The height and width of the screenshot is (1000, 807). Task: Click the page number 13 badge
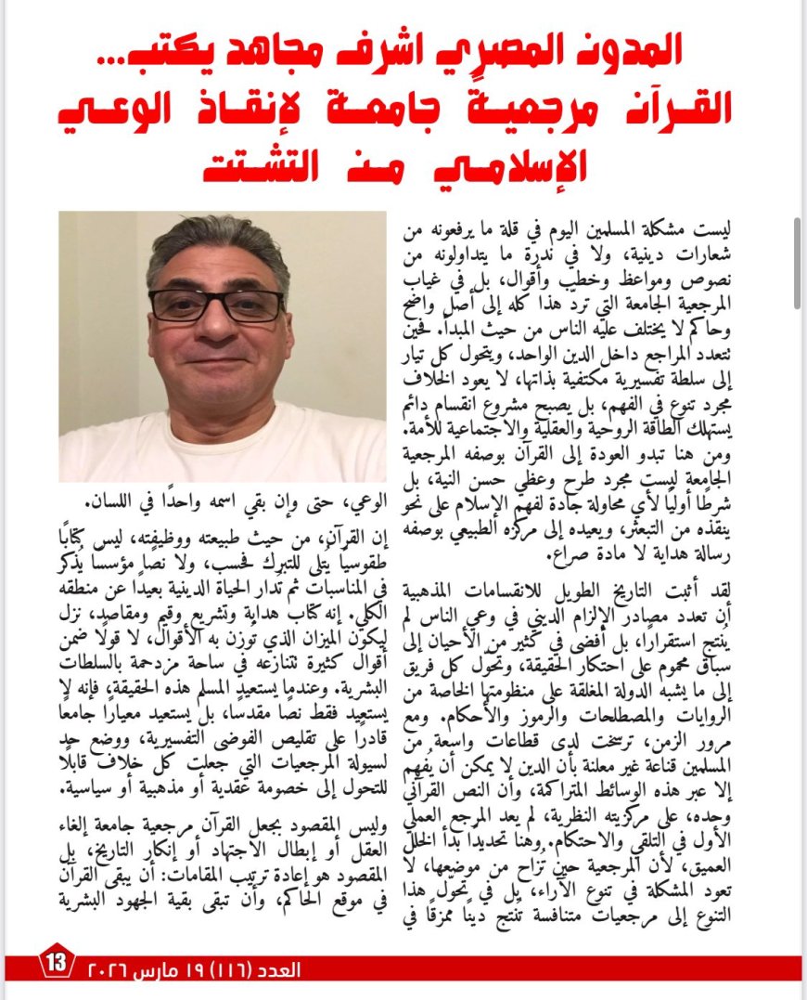pyautogui.click(x=57, y=963)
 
